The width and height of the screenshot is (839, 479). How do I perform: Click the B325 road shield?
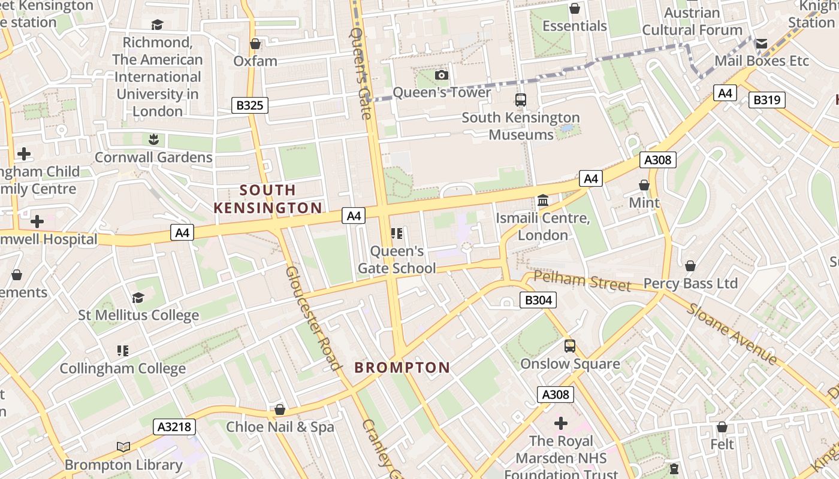point(250,106)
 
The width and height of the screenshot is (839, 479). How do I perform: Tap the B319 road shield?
point(766,100)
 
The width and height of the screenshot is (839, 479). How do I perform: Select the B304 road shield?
point(538,300)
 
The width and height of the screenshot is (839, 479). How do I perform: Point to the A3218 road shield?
point(174,426)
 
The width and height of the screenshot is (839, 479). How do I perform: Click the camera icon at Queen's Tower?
point(442,75)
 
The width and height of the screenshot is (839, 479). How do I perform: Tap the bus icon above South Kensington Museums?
point(521,100)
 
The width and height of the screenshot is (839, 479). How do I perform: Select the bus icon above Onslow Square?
point(570,345)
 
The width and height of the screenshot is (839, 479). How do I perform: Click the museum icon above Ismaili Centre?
point(543,200)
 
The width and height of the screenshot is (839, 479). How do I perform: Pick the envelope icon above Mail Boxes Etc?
point(761,43)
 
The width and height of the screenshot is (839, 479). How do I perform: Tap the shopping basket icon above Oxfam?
point(255,44)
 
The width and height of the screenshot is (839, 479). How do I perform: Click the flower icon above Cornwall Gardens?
point(153,140)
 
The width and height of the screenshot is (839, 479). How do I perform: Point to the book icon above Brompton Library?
point(123,447)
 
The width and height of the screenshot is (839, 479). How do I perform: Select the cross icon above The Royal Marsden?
point(561,423)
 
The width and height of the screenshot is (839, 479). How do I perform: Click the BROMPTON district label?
point(402,368)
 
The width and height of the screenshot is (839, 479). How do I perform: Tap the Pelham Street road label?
point(582,280)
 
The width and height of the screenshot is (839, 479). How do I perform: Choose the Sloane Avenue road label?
point(732,334)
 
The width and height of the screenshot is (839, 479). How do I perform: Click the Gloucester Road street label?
point(313,318)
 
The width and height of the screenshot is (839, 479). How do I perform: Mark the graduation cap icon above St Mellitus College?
point(138,298)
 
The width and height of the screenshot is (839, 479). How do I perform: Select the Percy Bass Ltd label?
point(690,283)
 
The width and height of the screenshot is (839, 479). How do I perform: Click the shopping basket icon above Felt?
point(722,427)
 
